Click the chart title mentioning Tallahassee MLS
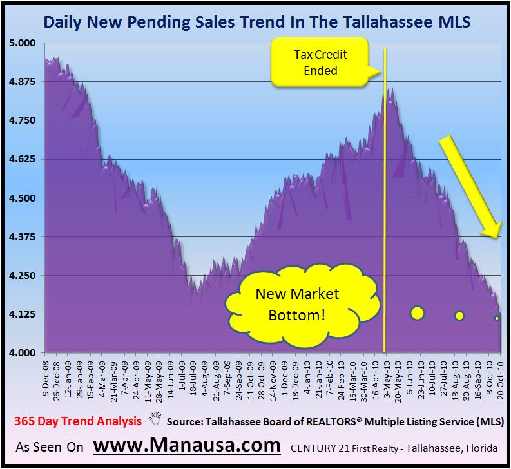256,23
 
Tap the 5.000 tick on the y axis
24,43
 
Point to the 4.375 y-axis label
24,237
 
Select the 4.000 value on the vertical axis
24,353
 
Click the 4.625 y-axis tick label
24,159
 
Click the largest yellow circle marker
417,313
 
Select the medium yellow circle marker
459,316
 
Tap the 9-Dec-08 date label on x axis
47,376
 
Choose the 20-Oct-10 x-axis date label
497,376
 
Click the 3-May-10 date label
385,376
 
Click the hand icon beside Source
155,421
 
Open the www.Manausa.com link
187,445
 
